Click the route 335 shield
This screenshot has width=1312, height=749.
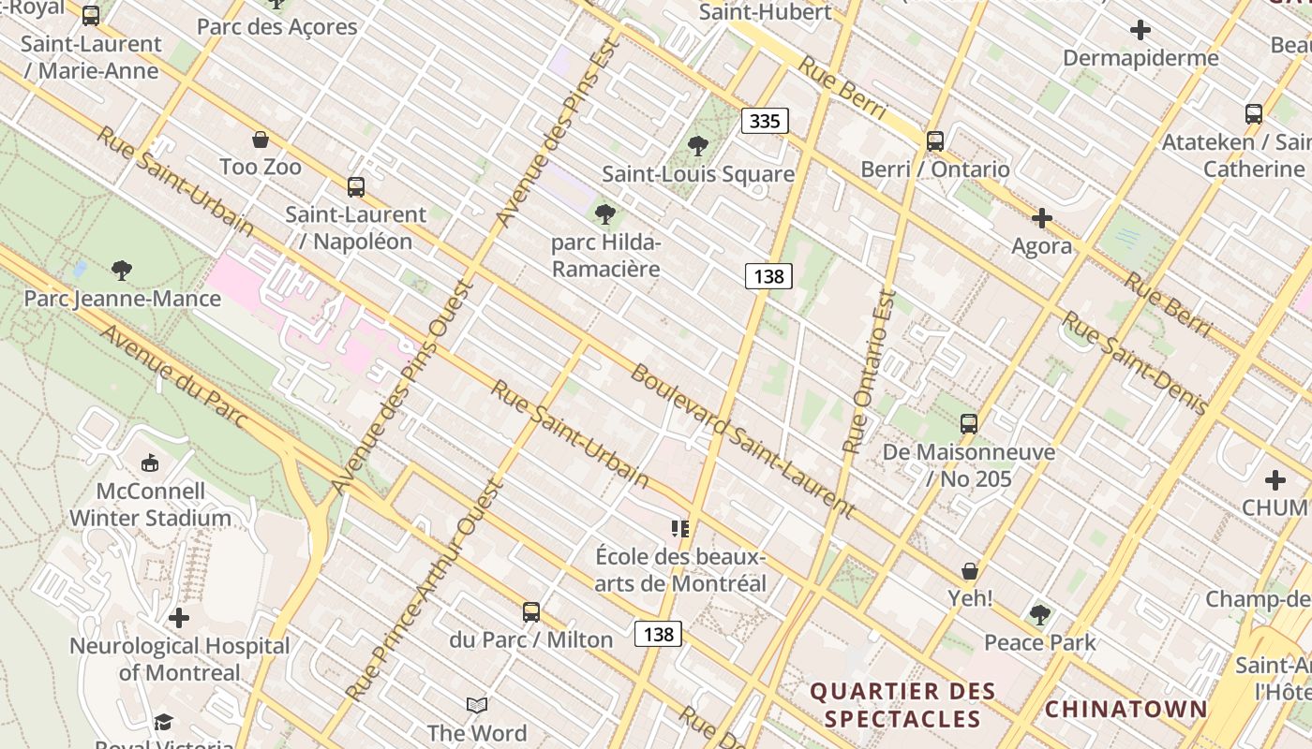point(765,121)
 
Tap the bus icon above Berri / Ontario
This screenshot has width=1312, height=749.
point(934,141)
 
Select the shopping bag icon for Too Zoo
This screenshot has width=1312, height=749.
point(261,140)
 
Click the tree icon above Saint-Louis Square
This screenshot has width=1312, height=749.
point(697,146)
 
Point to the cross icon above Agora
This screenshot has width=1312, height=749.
point(1041,219)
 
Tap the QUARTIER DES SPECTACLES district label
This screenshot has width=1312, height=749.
point(902,705)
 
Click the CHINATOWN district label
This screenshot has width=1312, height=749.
point(1126,709)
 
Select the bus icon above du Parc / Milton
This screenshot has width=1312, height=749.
point(531,613)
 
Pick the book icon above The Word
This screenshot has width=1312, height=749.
point(477,705)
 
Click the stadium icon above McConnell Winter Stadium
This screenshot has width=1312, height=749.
point(150,463)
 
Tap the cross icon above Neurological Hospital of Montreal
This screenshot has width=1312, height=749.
point(179,618)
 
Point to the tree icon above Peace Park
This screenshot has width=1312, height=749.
point(1039,615)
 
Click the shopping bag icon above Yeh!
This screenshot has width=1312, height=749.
point(970,571)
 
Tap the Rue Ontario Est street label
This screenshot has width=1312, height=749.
point(870,373)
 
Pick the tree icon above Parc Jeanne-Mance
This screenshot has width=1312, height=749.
point(121,272)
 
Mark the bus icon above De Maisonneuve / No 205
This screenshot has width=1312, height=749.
point(969,424)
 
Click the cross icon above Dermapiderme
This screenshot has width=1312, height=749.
point(1141,30)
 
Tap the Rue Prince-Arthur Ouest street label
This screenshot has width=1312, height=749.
point(426,590)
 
